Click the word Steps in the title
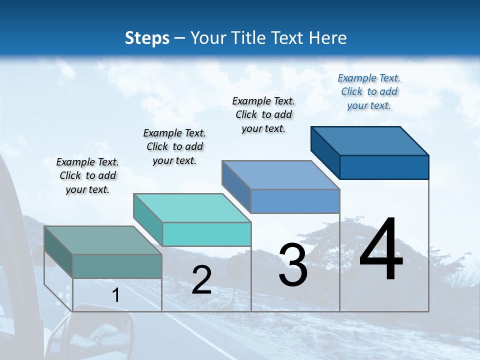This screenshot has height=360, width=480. click(147, 38)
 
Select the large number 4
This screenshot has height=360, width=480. click(381, 250)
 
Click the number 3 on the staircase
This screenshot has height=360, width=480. click(293, 265)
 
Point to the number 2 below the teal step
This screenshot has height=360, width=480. click(201, 280)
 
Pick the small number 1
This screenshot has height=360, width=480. click(116, 295)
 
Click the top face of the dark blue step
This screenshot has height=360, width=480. click(370, 140)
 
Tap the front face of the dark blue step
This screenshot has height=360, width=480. click(384, 167)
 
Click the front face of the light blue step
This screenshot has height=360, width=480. click(295, 201)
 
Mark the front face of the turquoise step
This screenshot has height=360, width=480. click(206, 234)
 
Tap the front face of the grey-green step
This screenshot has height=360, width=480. click(117, 266)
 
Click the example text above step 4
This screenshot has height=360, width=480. click(369, 91)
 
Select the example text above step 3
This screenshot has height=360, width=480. click(263, 114)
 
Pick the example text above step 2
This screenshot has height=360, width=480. click(174, 146)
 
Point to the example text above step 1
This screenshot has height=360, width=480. click(87, 175)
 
